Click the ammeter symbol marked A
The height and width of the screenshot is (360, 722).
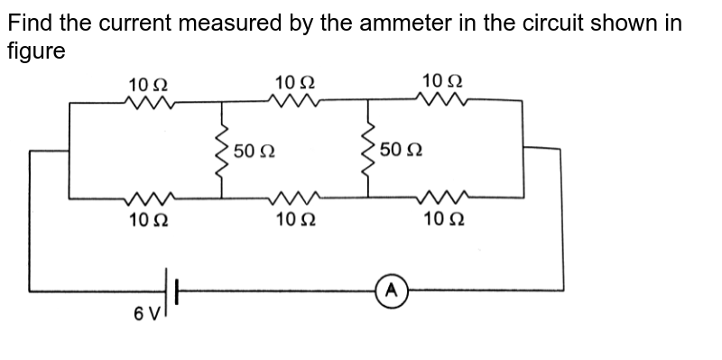pos(391,291)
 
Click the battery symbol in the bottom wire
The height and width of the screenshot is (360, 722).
pos(171,291)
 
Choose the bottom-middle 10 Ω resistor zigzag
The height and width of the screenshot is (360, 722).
pos(294,196)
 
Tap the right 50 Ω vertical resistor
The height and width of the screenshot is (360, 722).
pos(368,150)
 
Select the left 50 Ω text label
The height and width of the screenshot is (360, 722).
pos(254,150)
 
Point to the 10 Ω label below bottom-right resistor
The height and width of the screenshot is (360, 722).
pos(443,219)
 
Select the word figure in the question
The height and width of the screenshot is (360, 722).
pos(36,51)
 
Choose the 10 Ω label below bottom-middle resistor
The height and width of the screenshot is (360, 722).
pos(295,219)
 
